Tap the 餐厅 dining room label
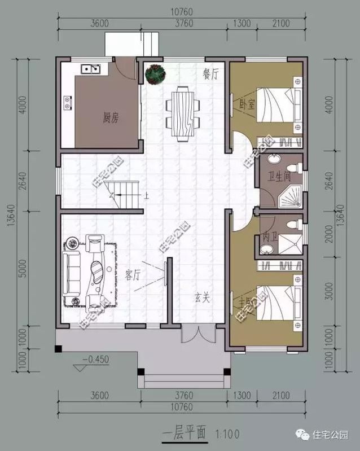point(210,75)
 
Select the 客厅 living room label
point(133,275)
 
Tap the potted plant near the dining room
point(153,74)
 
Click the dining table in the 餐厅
point(183,113)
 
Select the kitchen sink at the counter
point(90,70)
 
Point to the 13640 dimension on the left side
point(10,224)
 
